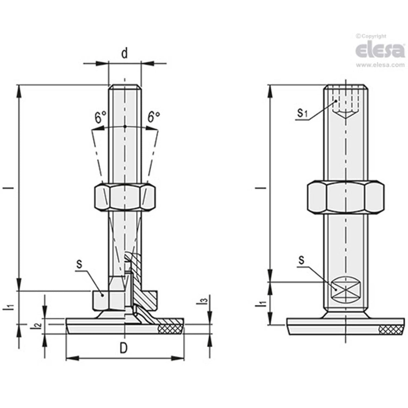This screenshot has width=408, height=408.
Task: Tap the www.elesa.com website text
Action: coord(380,65)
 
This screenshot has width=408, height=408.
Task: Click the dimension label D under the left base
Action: coord(124,349)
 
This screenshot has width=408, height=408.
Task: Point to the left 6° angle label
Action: coord(100,118)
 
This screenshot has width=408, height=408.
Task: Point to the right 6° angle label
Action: coord(154,118)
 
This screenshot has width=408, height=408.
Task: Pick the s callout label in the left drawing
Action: coord(79,264)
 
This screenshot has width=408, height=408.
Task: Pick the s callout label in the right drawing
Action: coord(301,260)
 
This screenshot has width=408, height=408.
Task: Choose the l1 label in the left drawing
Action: coord(11,307)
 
